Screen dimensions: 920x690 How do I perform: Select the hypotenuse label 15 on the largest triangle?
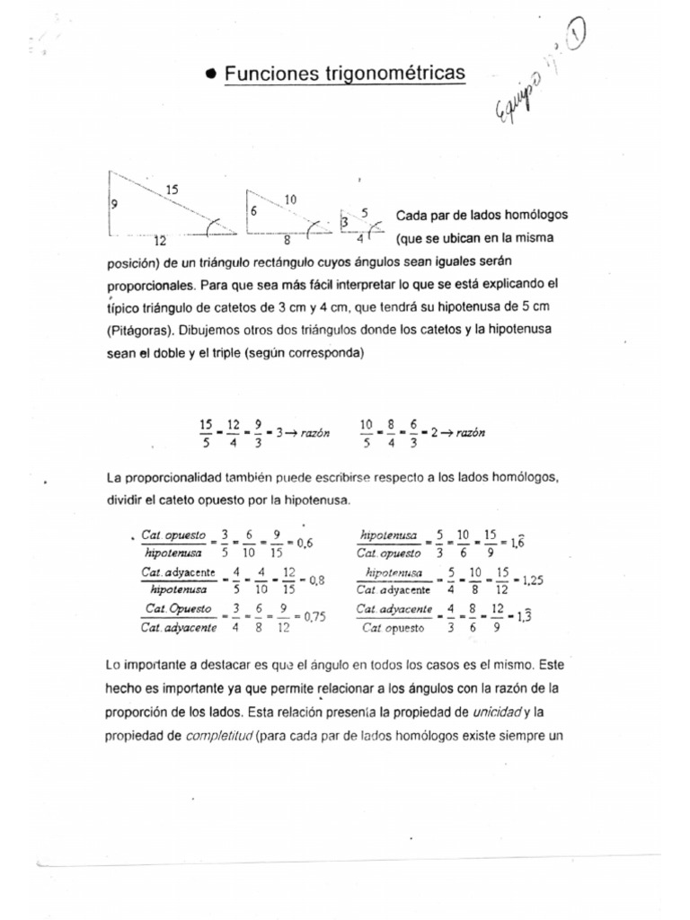click(173, 190)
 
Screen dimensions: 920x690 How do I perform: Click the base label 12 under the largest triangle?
click(159, 241)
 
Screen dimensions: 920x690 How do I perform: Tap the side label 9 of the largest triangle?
click(114, 204)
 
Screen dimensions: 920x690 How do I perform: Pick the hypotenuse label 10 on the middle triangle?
click(290, 199)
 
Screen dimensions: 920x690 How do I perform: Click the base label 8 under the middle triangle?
click(287, 241)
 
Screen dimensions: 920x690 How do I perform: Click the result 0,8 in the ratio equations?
click(316, 580)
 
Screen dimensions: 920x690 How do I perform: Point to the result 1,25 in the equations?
click(532, 580)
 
